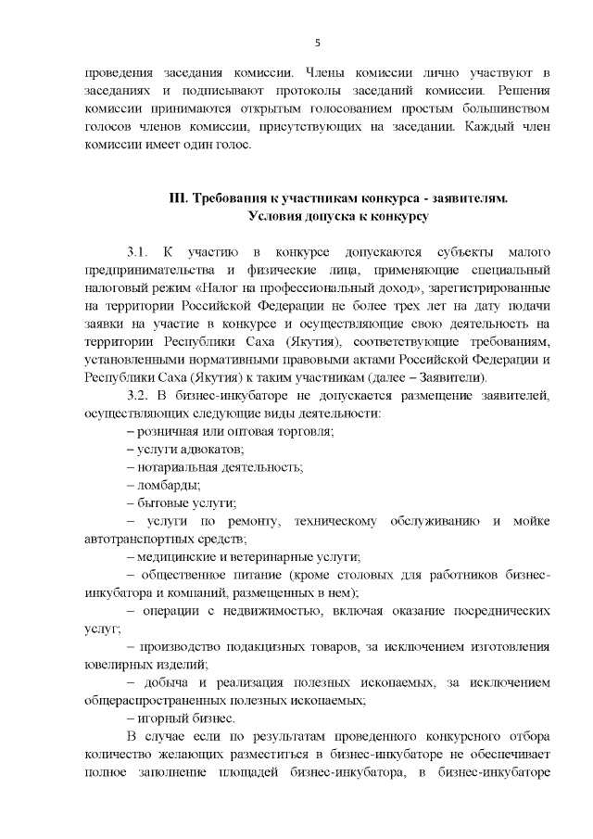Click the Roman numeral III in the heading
click(179, 199)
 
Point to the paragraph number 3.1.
click(136, 252)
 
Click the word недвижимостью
click(264, 611)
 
